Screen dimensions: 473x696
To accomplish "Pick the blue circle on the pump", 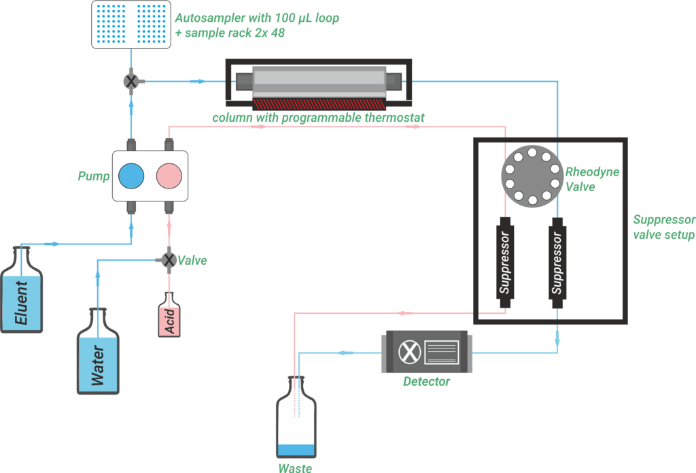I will (131, 176).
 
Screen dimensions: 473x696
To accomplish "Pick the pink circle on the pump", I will (169, 176).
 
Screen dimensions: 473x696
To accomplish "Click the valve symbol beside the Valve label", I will (169, 260).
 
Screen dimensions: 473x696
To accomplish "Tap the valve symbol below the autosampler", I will (131, 81).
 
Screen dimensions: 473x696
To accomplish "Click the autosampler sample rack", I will (130, 25).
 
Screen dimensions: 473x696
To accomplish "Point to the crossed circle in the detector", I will (408, 352).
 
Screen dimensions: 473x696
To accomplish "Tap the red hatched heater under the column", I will (319, 104).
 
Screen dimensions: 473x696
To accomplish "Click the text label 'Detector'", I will (426, 382).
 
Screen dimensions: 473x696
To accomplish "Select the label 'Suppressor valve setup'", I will (663, 227).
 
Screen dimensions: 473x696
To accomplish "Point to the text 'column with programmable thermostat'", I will (318, 118).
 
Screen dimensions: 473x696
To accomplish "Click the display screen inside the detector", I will (442, 352).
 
